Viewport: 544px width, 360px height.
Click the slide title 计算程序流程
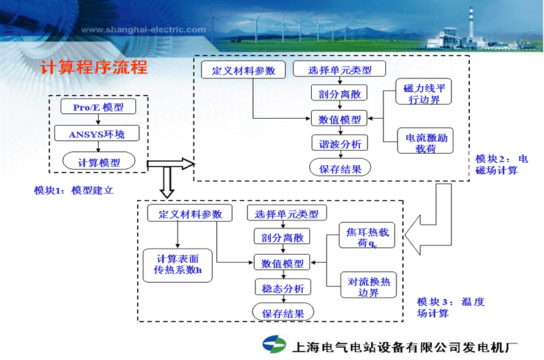click(x=94, y=67)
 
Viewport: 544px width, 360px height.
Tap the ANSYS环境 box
click(x=98, y=134)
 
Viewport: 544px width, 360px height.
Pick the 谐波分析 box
click(x=339, y=144)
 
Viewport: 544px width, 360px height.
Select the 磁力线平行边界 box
click(x=423, y=93)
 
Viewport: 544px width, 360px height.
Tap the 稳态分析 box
click(x=282, y=288)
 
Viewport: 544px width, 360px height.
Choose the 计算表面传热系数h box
click(x=177, y=264)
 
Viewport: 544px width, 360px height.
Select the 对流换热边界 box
click(x=368, y=287)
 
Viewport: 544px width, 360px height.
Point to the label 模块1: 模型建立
click(x=74, y=190)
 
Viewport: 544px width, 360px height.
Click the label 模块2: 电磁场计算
click(x=501, y=164)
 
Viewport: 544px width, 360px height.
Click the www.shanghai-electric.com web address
click(x=143, y=29)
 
